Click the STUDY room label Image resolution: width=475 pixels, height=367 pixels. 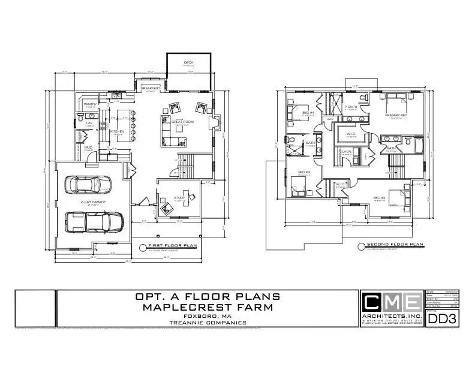180,197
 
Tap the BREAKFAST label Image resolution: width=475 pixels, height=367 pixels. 150,88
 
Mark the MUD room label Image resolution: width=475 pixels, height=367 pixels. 88,147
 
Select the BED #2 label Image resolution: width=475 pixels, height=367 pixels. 379,198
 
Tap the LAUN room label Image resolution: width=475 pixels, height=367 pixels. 346,152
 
